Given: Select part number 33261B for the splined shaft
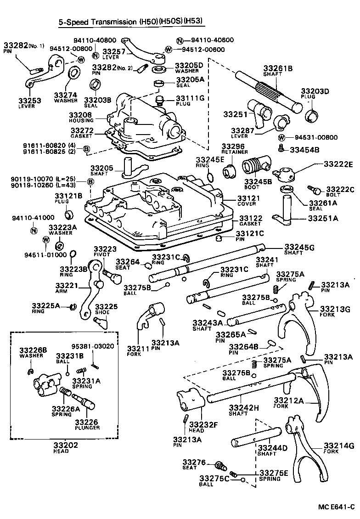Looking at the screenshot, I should point(277,68).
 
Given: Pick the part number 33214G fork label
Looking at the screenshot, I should point(339,446).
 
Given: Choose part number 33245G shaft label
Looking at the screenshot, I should point(299,247).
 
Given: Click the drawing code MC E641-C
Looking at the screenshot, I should point(337,507).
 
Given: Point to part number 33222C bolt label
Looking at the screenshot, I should point(339,189).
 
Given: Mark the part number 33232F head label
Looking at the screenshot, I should point(202,424).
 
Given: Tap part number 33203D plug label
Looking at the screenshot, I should point(315,91).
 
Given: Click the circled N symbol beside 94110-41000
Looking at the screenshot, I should point(34,230).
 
